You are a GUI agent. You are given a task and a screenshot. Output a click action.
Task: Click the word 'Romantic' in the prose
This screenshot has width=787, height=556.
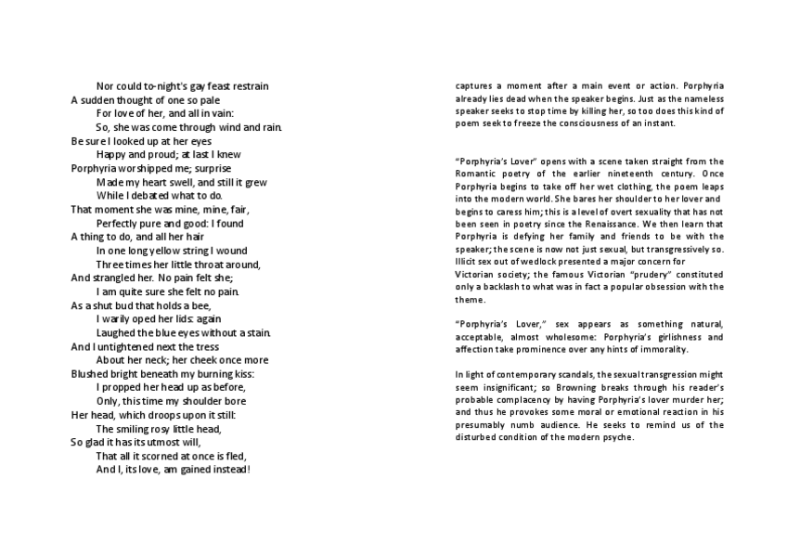click(x=475, y=174)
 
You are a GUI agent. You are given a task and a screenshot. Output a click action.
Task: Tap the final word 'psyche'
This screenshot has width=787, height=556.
click(x=617, y=437)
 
